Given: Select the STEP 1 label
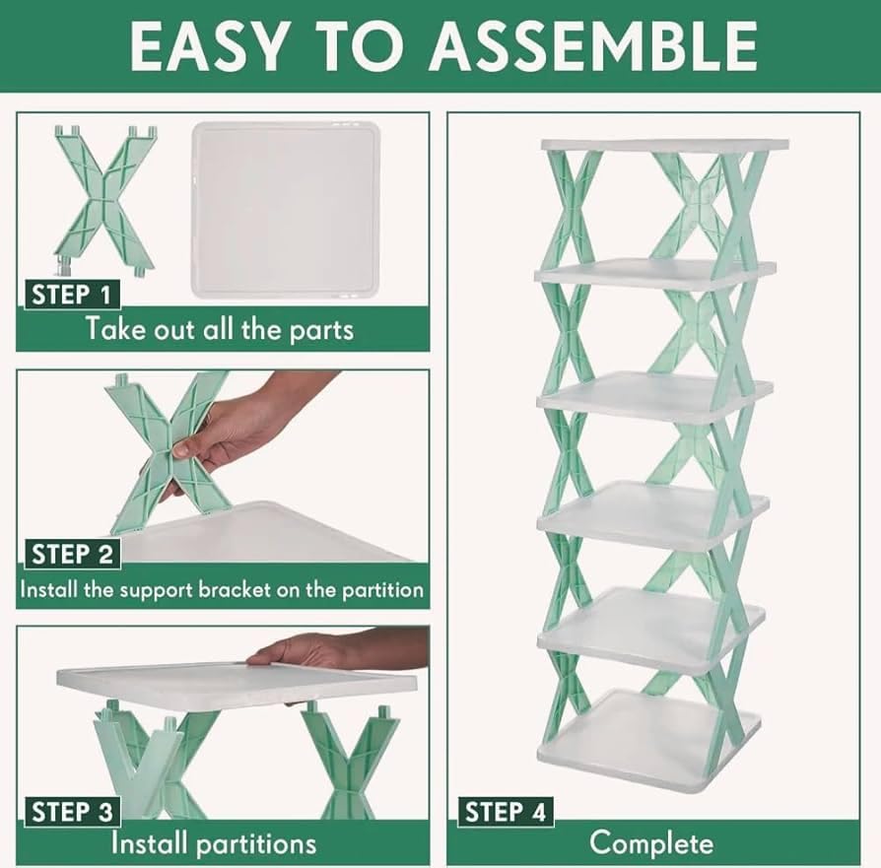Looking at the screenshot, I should coord(71,294).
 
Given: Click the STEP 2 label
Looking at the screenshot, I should coord(72,554).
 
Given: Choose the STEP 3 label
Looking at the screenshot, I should coord(72,812).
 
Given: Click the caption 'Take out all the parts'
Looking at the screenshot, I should coord(220,328).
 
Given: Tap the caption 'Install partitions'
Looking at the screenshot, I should coord(214,844).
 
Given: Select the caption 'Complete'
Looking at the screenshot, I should coord(650,844).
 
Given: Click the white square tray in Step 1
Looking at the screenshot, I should coord(284,209).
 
